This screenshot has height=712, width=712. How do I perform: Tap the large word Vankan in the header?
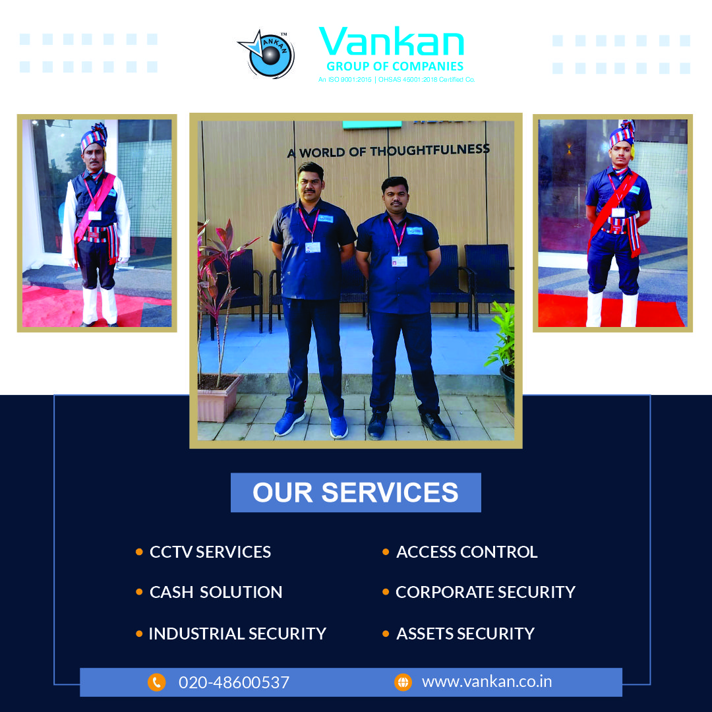pyautogui.click(x=392, y=42)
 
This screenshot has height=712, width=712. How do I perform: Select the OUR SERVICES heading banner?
pyautogui.click(x=355, y=492)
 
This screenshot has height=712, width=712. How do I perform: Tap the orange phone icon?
pyautogui.click(x=157, y=682)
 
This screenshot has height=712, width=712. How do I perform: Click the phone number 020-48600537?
pyautogui.click(x=234, y=682)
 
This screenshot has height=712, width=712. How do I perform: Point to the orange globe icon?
pyautogui.click(x=403, y=682)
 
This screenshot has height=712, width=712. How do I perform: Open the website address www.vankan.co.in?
pyautogui.click(x=487, y=682)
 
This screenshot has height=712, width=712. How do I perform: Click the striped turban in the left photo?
pyautogui.click(x=94, y=136)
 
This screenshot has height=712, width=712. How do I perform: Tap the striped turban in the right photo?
pyautogui.click(x=622, y=133)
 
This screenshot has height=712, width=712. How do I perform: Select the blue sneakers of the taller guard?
pyautogui.click(x=311, y=425)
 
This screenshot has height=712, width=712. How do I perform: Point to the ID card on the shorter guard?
pyautogui.click(x=400, y=262)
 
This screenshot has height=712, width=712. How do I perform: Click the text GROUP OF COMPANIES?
pyautogui.click(x=395, y=67)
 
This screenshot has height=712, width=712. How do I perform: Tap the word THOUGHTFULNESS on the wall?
pyautogui.click(x=430, y=150)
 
